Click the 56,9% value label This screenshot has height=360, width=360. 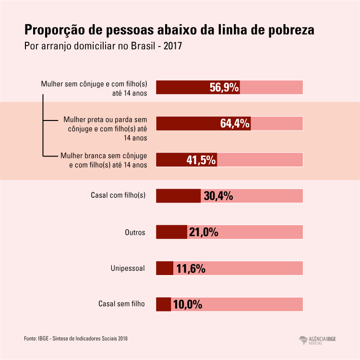coord(224,87)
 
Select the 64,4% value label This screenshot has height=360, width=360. coord(235,123)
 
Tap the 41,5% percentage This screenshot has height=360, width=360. coord(201,160)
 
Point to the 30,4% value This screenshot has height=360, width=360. coord(218,196)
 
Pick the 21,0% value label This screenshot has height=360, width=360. coord(204,232)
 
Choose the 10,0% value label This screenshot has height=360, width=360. coord(187,304)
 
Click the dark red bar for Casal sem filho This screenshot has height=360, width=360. coord(164,304)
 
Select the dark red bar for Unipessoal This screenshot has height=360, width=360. coord(165,268)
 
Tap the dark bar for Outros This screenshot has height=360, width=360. coord(171,232)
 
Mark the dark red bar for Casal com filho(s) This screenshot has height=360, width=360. coord(178,196)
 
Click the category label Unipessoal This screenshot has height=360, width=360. coord(128,268)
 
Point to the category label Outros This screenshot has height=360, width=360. coord(135,232)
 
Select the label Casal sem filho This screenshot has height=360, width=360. coord(121,304)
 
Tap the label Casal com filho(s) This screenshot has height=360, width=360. coord(118,195)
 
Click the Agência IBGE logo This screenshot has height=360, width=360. coord(317,339)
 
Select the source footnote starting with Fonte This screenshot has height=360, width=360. coord(76,338)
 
